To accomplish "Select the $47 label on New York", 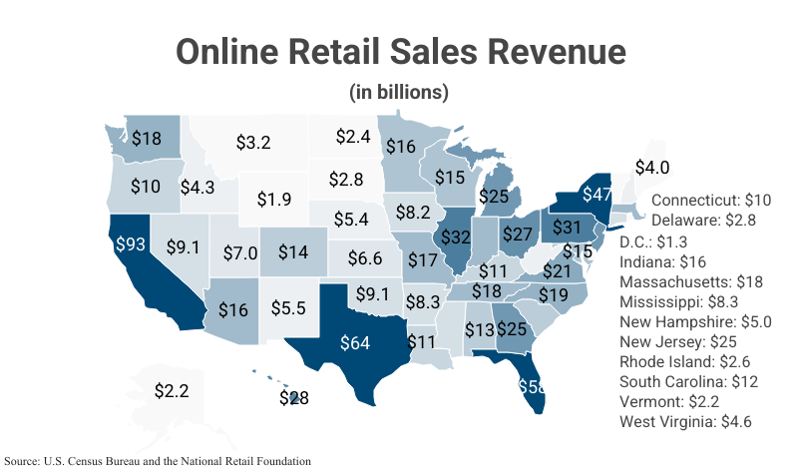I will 598,194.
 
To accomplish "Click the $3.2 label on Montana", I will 253,142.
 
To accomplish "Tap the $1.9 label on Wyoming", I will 273,199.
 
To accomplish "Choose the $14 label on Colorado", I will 293,251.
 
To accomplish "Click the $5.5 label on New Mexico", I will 287,308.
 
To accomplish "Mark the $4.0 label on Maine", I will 652,168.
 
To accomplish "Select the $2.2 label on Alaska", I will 172,391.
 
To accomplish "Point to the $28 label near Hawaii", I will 293,397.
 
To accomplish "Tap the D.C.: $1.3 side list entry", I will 653,241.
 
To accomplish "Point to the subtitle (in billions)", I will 399,93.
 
